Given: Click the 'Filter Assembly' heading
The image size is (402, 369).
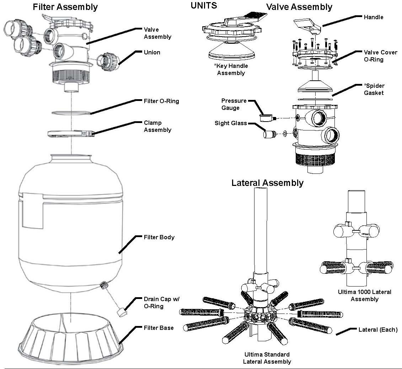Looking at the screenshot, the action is click(x=65, y=7).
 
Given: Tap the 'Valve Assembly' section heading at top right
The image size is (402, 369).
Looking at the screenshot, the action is click(x=299, y=7).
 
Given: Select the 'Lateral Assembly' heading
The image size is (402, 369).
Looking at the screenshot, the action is click(x=267, y=183).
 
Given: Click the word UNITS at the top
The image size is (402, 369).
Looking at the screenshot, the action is click(x=204, y=5).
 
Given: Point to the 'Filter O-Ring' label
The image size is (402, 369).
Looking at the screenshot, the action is click(x=161, y=101).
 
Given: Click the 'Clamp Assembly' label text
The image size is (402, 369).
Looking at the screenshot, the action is click(x=157, y=126).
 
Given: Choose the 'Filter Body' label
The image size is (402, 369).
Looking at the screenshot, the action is click(x=159, y=237).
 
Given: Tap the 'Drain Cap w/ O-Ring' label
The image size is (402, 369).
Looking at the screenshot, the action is click(x=161, y=303).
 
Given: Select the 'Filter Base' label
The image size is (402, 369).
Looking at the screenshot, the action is click(x=159, y=328).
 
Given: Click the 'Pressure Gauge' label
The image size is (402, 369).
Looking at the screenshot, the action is click(x=234, y=104).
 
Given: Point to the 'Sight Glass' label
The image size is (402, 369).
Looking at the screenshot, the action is click(x=231, y=123).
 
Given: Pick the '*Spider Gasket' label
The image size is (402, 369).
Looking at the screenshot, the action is click(x=374, y=89).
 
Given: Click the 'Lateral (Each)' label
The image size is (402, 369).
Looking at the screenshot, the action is click(x=378, y=330).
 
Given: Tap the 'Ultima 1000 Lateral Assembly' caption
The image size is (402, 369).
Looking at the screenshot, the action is click(x=364, y=295).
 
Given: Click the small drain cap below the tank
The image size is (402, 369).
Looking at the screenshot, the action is click(x=121, y=313).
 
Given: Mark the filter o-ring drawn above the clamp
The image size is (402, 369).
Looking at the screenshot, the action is click(x=71, y=113).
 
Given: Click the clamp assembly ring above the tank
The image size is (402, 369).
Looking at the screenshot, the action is click(x=71, y=134).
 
